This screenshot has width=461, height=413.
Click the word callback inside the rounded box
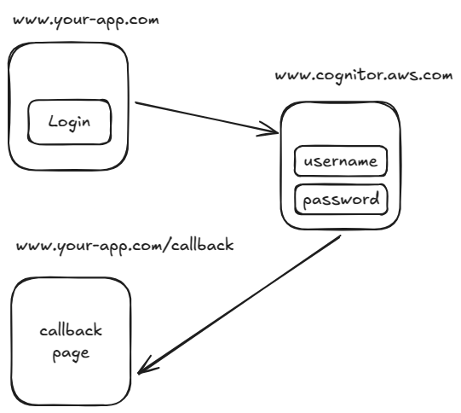coord(71,330)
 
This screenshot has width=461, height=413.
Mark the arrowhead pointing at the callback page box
coord(145,369)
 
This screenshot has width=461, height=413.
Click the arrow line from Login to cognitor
coord(205,118)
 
